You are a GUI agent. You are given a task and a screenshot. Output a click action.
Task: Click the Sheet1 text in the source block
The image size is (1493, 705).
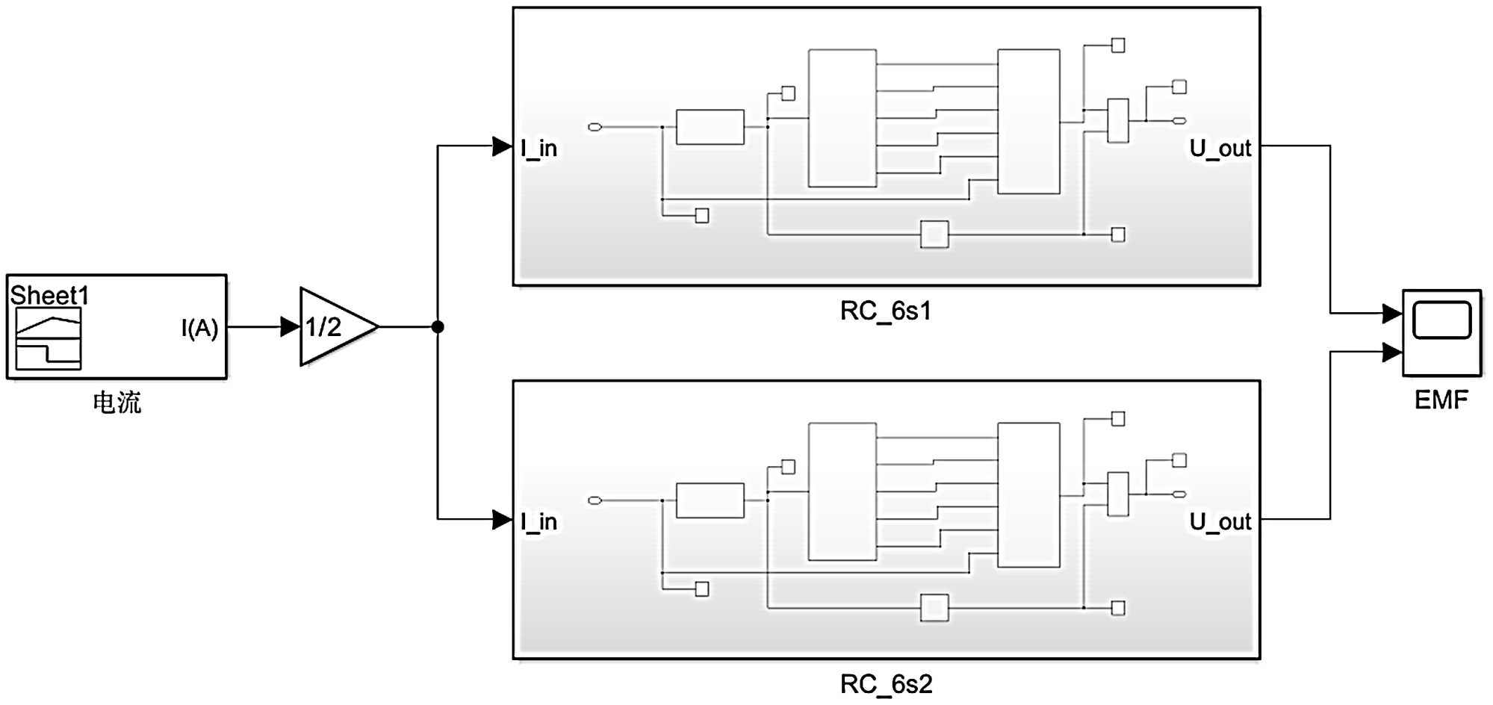coord(49,296)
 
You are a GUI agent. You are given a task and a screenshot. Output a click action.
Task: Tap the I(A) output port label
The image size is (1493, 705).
coord(199,328)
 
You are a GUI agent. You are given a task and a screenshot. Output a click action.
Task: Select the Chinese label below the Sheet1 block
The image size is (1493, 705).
coord(117,403)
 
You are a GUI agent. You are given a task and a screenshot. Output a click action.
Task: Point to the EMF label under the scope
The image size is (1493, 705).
coord(1441,400)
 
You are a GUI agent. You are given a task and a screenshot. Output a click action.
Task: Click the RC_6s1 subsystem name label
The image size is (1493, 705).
coord(886,311)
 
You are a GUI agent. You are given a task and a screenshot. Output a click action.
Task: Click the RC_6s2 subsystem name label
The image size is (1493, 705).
coord(886,684)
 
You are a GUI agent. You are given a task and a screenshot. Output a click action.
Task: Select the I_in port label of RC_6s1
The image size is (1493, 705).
coord(539,149)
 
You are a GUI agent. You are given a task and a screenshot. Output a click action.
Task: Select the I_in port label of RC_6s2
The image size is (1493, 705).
coord(539,522)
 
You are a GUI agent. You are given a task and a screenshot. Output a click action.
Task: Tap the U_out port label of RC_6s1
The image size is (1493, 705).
coord(1220,149)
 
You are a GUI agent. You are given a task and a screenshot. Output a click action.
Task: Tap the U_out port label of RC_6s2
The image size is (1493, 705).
coord(1220,522)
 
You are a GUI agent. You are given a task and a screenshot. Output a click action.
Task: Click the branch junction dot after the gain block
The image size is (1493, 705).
coord(438,326)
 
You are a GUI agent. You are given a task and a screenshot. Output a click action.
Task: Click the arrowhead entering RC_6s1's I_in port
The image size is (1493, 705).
coord(502,146)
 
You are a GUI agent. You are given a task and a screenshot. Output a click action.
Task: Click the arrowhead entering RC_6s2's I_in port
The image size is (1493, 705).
coord(502,519)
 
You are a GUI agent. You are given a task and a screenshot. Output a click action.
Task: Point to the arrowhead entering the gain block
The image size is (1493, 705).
coord(290,326)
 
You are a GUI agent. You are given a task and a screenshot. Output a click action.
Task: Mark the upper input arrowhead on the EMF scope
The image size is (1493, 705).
coord(1392,314)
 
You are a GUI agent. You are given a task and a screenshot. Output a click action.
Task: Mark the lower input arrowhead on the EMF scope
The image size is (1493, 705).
coord(1392,352)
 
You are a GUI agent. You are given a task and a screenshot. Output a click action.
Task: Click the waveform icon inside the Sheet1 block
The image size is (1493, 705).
coord(49,339)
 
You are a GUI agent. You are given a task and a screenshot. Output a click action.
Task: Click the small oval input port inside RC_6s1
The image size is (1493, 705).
coord(595,127)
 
